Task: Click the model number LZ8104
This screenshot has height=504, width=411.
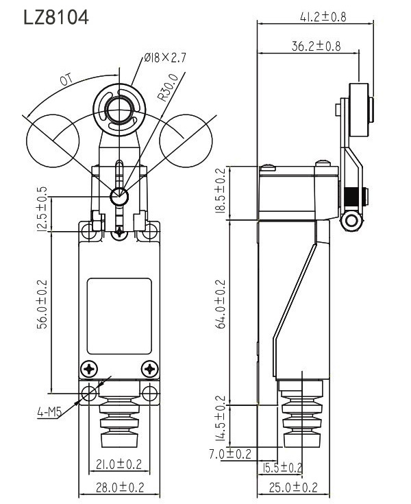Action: pyautogui.click(x=56, y=17)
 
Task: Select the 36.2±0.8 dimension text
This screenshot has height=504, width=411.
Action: pyautogui.click(x=316, y=47)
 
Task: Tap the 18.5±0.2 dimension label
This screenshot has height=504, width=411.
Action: pyautogui.click(x=221, y=193)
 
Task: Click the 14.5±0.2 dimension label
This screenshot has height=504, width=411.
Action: pyautogui.click(x=221, y=419)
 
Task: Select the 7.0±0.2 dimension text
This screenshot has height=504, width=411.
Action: pyautogui.click(x=229, y=453)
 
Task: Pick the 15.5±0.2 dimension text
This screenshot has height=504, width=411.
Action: pyautogui.click(x=281, y=468)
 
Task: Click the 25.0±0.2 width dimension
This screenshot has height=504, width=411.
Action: pyautogui.click(x=292, y=488)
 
